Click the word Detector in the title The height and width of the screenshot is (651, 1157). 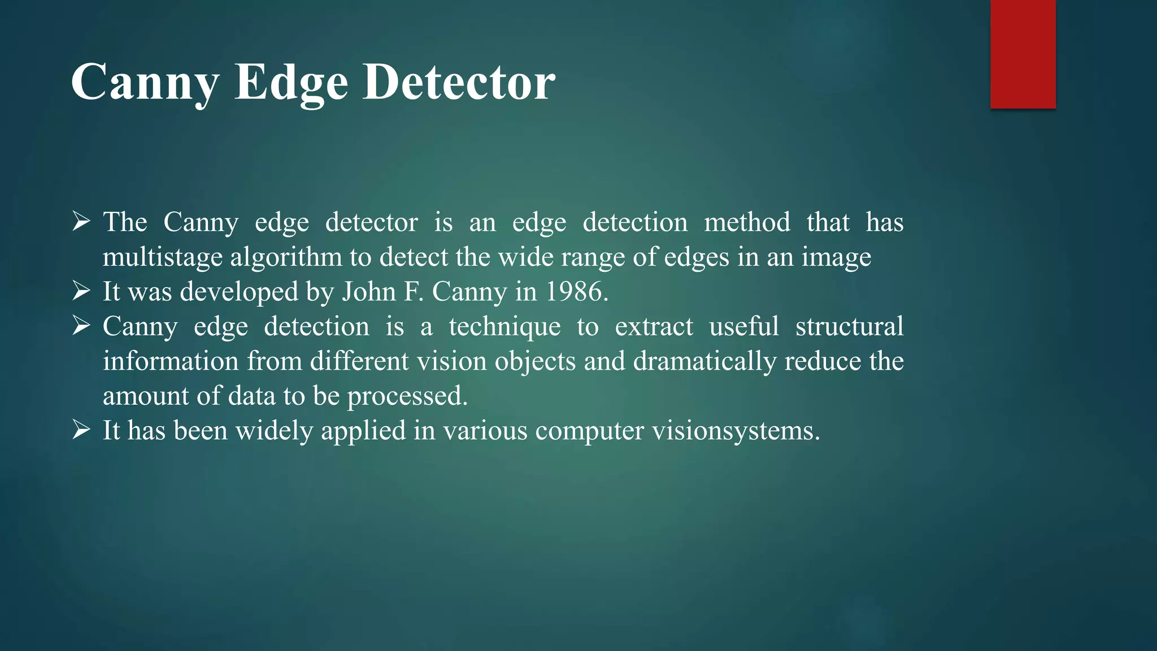(459, 83)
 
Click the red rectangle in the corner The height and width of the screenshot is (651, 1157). (1023, 54)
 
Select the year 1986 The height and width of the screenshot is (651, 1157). (576, 292)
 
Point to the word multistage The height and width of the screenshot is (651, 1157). (163, 258)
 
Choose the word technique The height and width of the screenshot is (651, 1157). (504, 327)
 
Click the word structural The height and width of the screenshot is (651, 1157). (849, 327)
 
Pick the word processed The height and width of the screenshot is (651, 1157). (407, 396)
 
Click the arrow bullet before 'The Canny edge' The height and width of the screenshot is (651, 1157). (82, 222)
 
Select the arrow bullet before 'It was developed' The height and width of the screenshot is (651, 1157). (82, 292)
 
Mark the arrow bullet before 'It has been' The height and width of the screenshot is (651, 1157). (82, 431)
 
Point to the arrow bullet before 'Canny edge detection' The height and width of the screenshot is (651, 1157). (82, 327)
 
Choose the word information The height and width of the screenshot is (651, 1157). (171, 362)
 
